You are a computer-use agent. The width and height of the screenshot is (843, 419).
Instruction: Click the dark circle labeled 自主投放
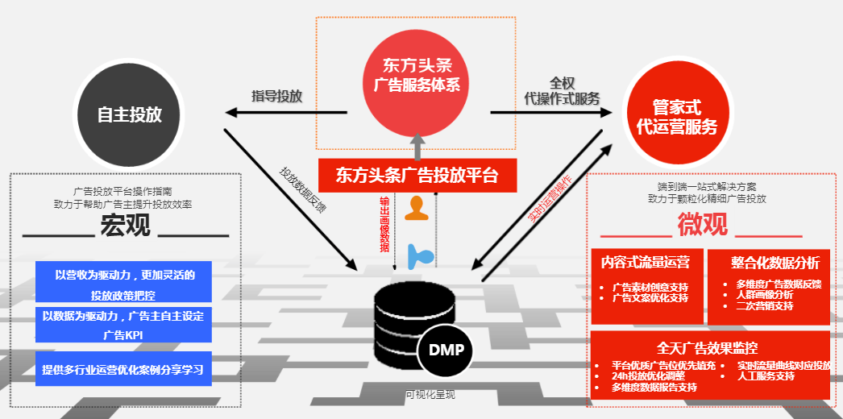(129, 114)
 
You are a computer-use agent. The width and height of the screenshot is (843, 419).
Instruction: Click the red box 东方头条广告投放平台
(417, 174)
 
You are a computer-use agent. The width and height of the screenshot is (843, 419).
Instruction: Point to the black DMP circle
(446, 351)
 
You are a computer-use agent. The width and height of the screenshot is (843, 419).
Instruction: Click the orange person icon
(416, 208)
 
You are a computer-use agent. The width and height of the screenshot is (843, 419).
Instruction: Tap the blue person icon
(419, 255)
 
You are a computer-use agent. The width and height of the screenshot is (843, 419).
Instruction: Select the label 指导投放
(276, 97)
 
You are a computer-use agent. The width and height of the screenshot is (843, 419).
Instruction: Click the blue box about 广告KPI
(123, 324)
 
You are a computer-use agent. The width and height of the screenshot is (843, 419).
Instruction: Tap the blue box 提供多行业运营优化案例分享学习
(123, 370)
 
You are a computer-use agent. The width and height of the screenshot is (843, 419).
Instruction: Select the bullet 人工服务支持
(766, 376)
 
